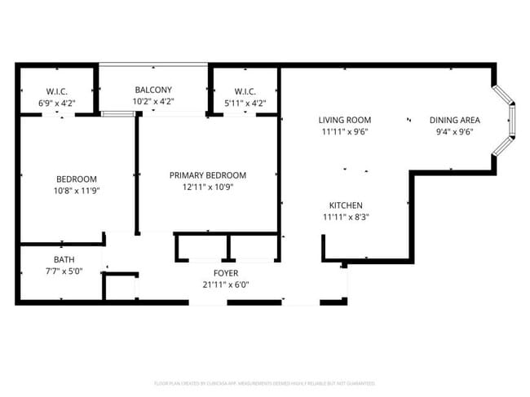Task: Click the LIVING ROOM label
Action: (344, 120)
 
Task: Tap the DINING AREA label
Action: (454, 120)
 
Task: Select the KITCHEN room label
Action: (346, 205)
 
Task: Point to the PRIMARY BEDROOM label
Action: (207, 175)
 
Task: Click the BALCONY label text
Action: (153, 90)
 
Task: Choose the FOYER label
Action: (226, 273)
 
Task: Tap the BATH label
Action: (64, 259)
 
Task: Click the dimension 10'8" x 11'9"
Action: (76, 191)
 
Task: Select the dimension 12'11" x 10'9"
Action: (207, 187)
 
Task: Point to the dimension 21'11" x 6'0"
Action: (226, 285)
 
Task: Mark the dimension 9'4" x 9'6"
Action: (454, 131)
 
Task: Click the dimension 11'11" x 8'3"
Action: (346, 217)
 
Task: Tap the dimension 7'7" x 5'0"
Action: (64, 271)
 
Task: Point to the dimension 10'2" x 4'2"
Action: (153, 102)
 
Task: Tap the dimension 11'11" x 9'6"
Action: (344, 131)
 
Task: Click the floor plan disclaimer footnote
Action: (264, 382)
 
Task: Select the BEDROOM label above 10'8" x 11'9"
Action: (76, 179)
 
